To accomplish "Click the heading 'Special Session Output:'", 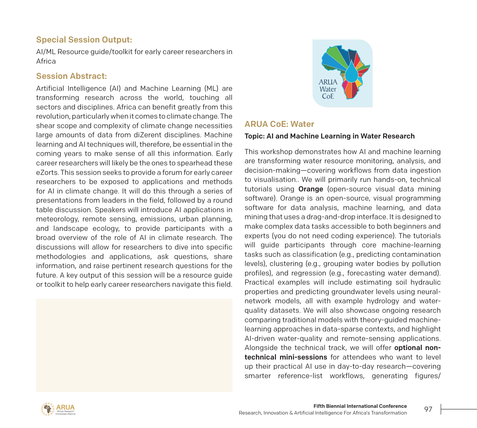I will click(84, 40).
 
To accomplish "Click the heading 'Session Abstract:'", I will click(72, 76).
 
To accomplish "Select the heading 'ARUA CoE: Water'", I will click(279, 124).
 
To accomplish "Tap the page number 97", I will click(428, 409).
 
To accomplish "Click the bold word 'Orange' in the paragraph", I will click(311, 189).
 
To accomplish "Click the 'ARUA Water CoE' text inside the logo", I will click(328, 89).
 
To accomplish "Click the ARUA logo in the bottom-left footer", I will click(58, 409).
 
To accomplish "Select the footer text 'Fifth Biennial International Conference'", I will click(360, 406).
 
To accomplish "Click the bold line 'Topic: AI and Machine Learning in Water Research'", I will click(329, 136).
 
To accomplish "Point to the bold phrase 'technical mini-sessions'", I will click(286, 357).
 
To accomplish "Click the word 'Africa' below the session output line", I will click(46, 61).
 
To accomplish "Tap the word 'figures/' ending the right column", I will click(427, 376).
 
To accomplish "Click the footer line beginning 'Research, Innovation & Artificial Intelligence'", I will click(323, 413).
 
